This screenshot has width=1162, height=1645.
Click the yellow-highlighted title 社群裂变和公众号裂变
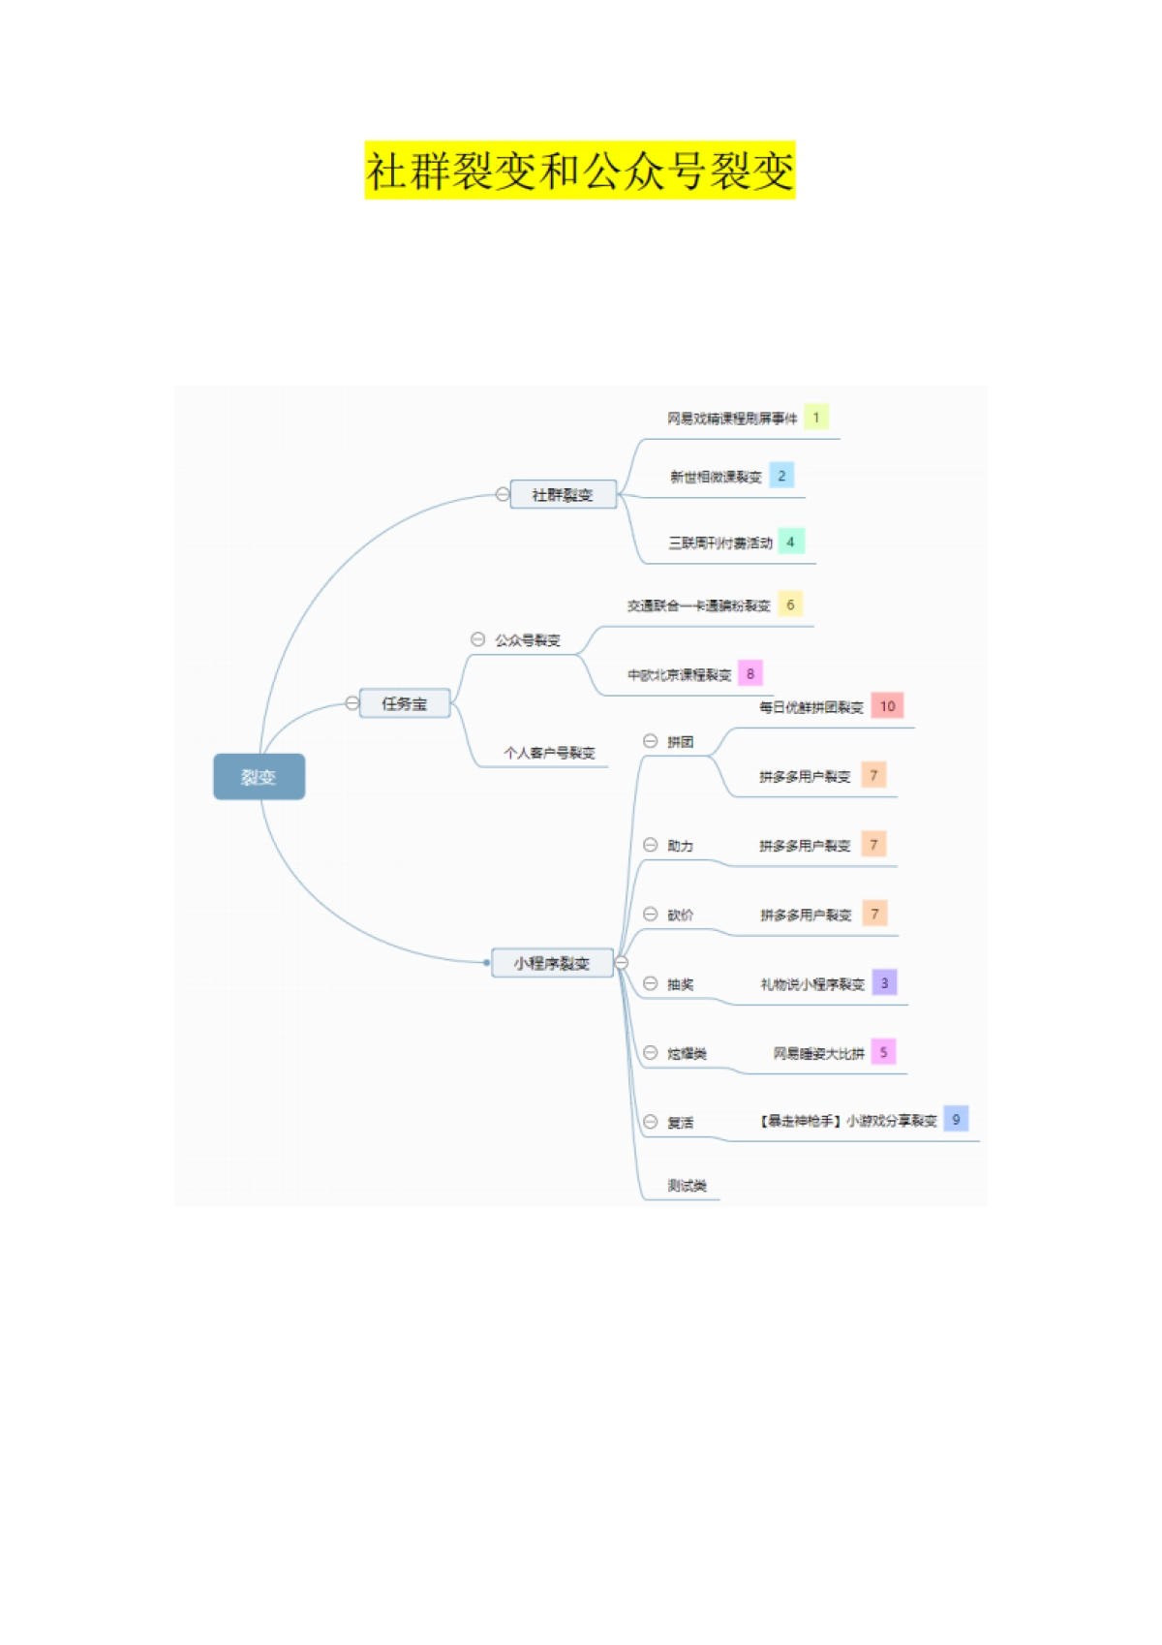[x=579, y=171]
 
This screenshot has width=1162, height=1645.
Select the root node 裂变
[x=259, y=777]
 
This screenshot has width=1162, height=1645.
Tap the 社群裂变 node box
[x=563, y=495]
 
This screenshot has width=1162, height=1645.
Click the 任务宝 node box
[x=405, y=703]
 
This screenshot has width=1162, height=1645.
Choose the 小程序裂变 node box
[x=552, y=963]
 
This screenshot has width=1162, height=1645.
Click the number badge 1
[x=816, y=418]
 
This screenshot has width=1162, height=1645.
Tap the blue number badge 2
[x=781, y=476]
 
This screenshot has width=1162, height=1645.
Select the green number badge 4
[x=790, y=542]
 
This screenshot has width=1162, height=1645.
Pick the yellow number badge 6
[x=790, y=605]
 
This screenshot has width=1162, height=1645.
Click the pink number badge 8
[x=750, y=673]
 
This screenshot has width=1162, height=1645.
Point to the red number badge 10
[x=887, y=705]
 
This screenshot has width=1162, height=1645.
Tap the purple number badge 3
[x=884, y=982]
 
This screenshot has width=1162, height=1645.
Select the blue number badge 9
[x=956, y=1119]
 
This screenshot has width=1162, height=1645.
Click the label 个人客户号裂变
[x=549, y=753]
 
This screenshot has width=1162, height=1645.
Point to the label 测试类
[x=687, y=1186]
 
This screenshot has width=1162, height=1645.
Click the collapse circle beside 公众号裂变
[x=477, y=639]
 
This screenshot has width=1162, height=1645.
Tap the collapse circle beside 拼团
[x=651, y=741]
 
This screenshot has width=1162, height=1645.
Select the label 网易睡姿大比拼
[x=818, y=1053]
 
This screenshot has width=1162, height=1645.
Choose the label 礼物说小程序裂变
[x=812, y=984]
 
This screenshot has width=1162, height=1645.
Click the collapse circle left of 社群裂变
[x=503, y=494]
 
